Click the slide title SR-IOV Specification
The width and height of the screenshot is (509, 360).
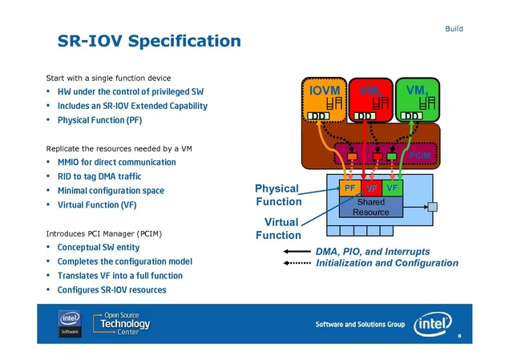tap(149, 40)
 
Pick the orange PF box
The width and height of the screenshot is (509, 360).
tap(349, 187)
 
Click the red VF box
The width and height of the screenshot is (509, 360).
tap(371, 187)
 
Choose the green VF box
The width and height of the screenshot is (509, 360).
tap(392, 187)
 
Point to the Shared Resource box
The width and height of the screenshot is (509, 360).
tap(371, 207)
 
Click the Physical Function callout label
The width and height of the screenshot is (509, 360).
tap(278, 195)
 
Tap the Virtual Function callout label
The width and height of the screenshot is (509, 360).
tap(278, 228)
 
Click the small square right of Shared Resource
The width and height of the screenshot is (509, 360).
tap(432, 208)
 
